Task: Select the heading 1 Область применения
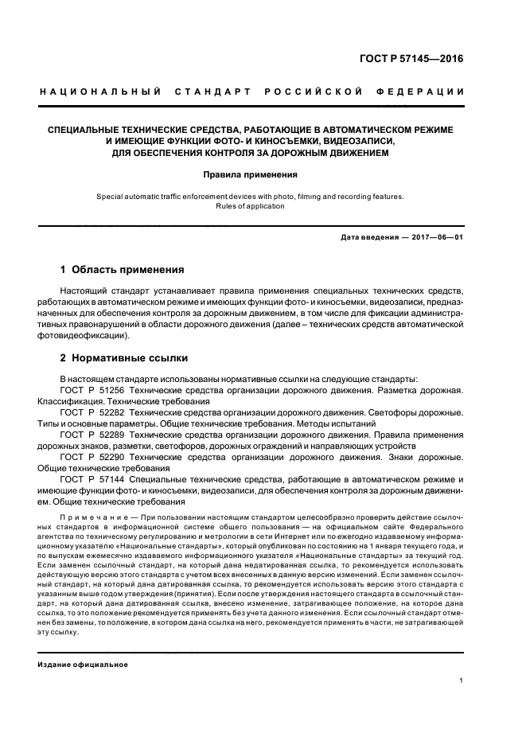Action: (123, 270)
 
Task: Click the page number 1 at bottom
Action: (462, 681)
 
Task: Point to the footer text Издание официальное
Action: (83, 664)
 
